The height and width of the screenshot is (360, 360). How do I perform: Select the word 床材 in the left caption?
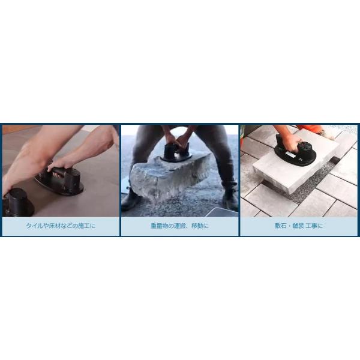coord(55,226)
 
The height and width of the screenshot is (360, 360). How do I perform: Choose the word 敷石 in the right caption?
coord(281,226)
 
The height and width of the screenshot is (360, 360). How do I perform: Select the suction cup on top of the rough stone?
coord(176,152)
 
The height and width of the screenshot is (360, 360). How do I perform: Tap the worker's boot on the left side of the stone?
coord(131,200)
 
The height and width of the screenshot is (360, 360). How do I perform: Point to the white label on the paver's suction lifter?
coord(291,154)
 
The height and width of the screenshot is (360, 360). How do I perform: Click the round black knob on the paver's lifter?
coord(304,146)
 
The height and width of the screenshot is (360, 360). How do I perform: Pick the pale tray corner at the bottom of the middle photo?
coord(221,212)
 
